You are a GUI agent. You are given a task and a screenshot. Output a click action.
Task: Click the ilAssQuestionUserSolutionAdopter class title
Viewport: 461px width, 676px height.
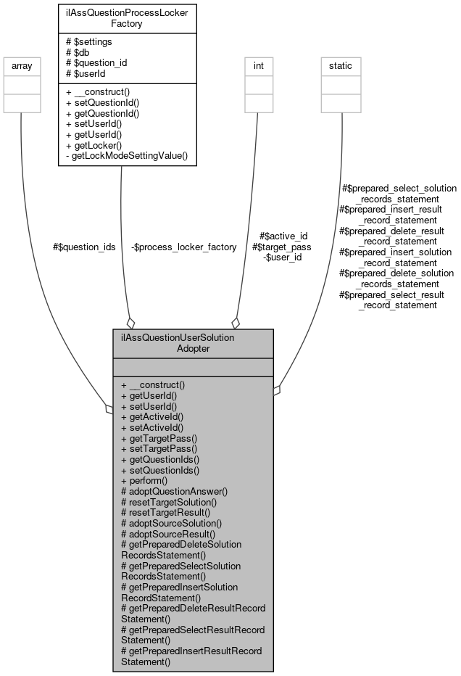click(x=193, y=343)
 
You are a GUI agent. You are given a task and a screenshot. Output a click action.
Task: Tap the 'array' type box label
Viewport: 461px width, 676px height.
click(x=20, y=66)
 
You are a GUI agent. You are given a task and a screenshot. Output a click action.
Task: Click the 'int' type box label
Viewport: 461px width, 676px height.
click(x=258, y=66)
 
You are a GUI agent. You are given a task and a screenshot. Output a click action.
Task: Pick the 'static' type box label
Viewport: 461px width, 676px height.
click(x=341, y=66)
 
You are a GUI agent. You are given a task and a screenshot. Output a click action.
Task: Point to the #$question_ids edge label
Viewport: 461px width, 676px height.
click(x=84, y=247)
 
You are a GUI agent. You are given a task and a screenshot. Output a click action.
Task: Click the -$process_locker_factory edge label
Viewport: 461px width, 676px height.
click(x=184, y=247)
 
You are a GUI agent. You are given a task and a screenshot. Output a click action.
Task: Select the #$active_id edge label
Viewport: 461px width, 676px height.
click(x=283, y=236)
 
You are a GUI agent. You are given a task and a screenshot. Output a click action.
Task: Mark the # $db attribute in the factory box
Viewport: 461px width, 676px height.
click(x=79, y=51)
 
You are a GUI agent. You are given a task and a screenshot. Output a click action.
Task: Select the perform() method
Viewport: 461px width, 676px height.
click(x=144, y=480)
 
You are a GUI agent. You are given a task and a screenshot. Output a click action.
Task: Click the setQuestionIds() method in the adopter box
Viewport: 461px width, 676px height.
click(x=160, y=469)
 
